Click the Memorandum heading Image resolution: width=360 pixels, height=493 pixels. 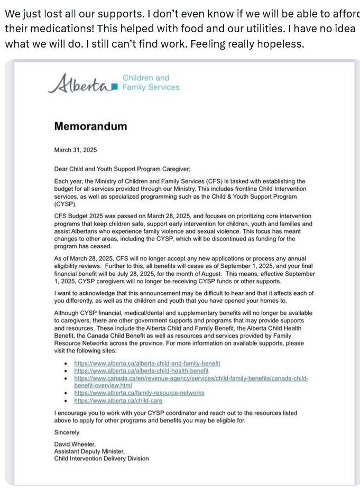pyautogui.click(x=90, y=126)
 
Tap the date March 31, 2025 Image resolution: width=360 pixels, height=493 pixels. pyautogui.click(x=76, y=150)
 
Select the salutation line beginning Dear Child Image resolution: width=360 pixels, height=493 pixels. pyautogui.click(x=122, y=169)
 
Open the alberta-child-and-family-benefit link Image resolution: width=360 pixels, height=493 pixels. pyautogui.click(x=147, y=364)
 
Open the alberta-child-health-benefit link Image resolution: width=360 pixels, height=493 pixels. pyautogui.click(x=141, y=371)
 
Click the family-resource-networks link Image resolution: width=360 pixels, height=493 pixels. pyautogui.click(x=139, y=393)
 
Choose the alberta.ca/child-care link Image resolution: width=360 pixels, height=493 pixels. pyautogui.click(x=118, y=401)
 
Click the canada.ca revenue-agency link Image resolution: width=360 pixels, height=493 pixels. pyautogui.click(x=191, y=378)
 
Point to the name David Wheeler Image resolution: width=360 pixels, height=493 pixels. pyautogui.click(x=75, y=444)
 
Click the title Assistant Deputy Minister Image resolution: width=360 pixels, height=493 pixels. pyautogui.click(x=89, y=451)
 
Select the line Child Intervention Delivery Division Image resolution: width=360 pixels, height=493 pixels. pyautogui.click(x=101, y=458)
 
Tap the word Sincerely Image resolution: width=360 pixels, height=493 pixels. pyautogui.click(x=67, y=432)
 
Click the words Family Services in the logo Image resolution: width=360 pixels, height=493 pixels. pyautogui.click(x=151, y=87)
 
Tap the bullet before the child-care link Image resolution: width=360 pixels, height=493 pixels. pyautogui.click(x=65, y=401)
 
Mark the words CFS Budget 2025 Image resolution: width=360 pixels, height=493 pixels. pyautogui.click(x=81, y=216)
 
